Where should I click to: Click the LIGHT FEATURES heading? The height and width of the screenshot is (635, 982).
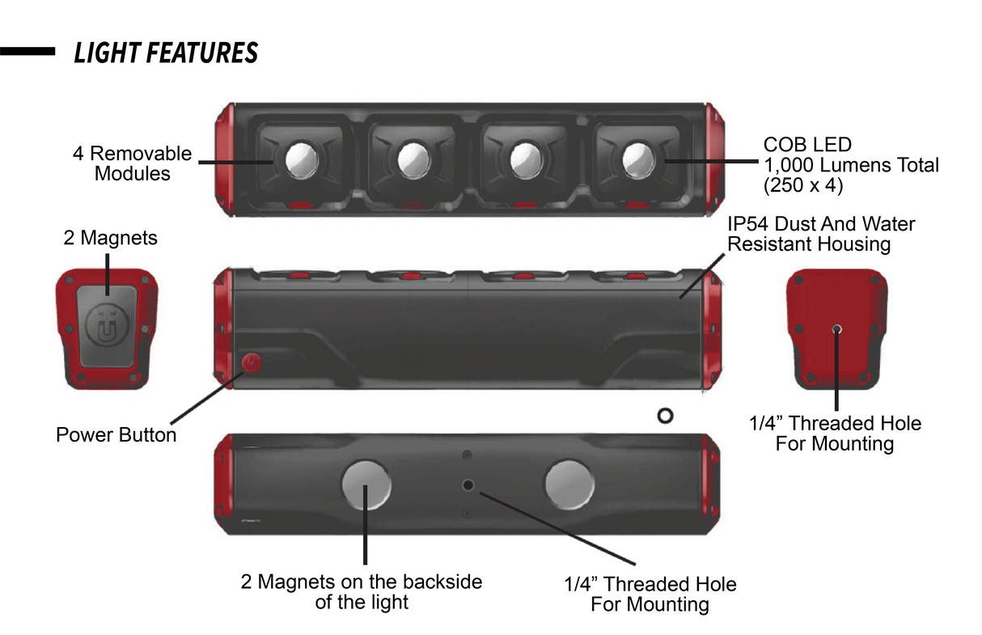166,53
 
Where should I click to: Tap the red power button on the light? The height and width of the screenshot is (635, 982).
251,363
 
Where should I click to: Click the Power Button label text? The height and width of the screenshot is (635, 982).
116,435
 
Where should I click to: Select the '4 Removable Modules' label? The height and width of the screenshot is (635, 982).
133,163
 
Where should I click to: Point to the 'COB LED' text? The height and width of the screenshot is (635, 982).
807,145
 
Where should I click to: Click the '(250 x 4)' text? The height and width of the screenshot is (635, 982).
804,185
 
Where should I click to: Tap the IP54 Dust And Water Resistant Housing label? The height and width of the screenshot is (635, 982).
821,233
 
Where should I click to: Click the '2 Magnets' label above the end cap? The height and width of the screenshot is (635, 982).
110,238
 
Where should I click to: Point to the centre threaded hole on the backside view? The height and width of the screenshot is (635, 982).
468,485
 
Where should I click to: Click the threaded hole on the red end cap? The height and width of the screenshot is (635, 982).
836,329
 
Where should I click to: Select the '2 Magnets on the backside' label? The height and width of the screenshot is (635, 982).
362,591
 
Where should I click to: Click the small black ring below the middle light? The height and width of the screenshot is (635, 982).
666,416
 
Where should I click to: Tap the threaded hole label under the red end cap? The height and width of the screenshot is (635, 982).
835,434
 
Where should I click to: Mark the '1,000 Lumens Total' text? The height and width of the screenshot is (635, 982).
851,165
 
